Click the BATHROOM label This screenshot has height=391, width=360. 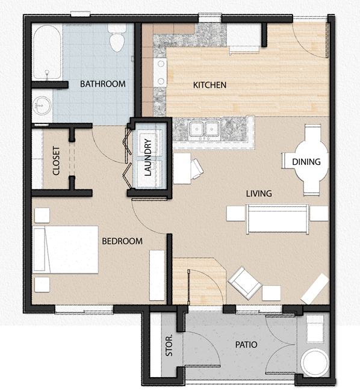(x=103, y=84)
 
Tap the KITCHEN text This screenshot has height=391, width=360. (x=209, y=85)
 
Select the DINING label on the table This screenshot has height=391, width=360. (x=306, y=162)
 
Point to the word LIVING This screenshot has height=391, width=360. (x=259, y=194)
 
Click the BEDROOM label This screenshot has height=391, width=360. (x=122, y=241)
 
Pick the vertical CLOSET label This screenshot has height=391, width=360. (x=57, y=161)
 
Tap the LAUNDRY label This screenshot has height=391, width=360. (x=148, y=159)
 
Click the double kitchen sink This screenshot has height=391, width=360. (x=203, y=129)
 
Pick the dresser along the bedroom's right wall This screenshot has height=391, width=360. (x=157, y=275)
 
